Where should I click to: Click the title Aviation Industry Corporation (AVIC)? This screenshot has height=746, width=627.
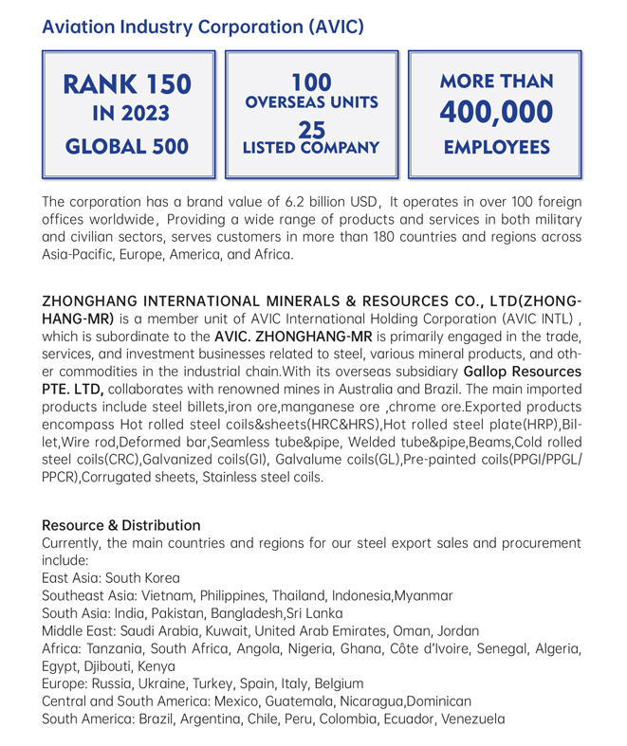(202, 26)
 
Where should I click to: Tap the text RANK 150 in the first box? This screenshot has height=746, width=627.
(127, 85)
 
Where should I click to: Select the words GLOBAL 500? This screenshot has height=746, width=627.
(127, 147)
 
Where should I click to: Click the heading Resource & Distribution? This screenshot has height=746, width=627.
(121, 525)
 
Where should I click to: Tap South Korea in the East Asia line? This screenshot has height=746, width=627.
(142, 577)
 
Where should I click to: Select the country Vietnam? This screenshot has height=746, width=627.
(164, 596)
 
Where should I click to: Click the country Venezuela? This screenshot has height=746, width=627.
(471, 719)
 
